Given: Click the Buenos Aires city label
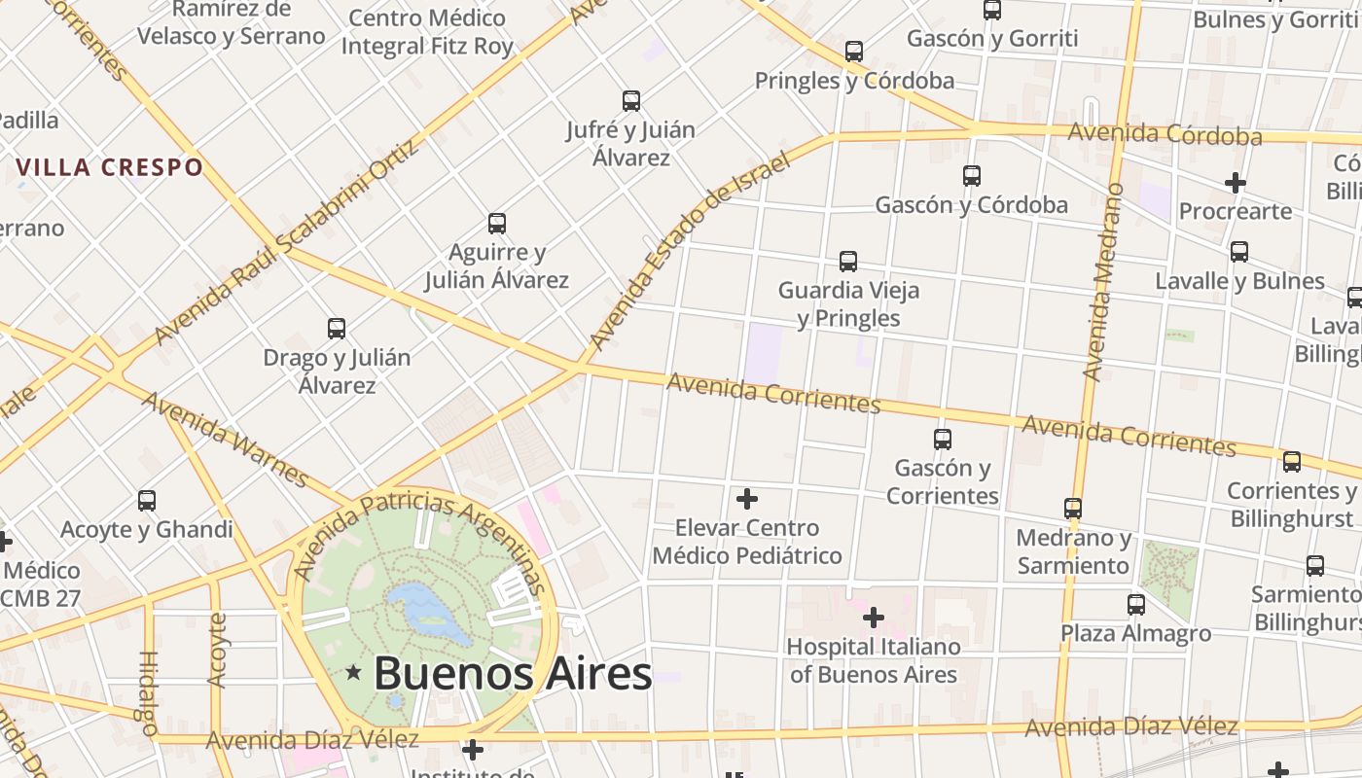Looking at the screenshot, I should tap(512, 673).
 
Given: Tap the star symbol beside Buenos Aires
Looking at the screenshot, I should tap(353, 672).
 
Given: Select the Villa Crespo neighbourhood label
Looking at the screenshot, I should tap(110, 167).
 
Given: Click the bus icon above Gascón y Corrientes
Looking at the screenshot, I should tap(942, 439).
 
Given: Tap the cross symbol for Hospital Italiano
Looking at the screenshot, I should tap(874, 618).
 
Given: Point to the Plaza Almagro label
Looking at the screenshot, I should tap(1135, 634).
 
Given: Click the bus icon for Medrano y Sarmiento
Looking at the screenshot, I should tap(1073, 509).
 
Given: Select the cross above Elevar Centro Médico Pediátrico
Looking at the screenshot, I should tap(747, 500).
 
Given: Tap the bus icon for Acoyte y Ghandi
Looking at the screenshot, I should tap(147, 501).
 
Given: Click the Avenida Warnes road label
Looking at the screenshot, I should tap(226, 439).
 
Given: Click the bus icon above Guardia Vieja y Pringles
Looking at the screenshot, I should tap(848, 262).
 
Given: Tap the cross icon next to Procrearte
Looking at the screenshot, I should tap(1236, 183).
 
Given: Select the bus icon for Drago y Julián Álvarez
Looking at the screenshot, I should tap(337, 329).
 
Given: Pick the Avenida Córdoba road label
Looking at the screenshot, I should tap(1165, 134).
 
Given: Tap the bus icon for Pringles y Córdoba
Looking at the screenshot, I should tap(854, 52).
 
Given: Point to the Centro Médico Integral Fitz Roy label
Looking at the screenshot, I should tap(427, 32).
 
